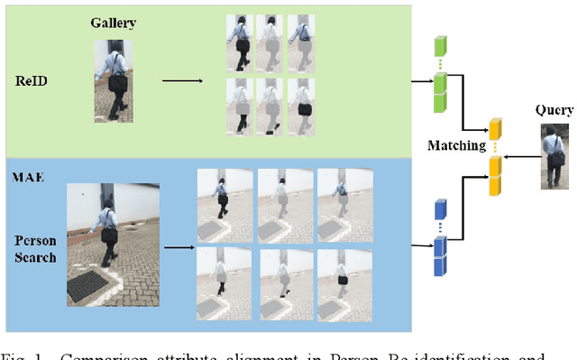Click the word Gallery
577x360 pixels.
113,22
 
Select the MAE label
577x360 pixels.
26,151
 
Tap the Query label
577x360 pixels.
554,111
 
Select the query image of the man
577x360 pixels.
554,156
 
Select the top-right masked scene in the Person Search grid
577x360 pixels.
339,201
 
